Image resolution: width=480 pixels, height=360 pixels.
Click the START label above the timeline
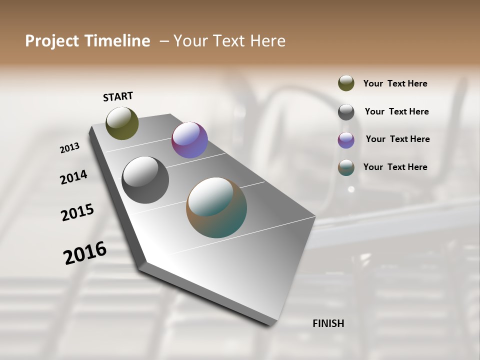[118, 96]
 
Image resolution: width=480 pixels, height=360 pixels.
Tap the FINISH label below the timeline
[328, 323]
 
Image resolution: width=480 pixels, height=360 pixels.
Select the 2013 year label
[69, 148]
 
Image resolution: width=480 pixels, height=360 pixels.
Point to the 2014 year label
[73, 177]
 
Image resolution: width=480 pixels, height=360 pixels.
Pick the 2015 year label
[77, 212]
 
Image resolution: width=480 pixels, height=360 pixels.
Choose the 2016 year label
[85, 252]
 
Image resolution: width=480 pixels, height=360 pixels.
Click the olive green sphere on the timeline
[122, 123]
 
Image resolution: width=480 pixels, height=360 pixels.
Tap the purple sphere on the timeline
[189, 140]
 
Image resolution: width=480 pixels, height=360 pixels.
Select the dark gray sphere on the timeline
[145, 180]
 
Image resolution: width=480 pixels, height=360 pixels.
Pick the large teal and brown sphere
[216, 207]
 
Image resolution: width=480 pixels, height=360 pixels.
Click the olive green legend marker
[346, 83]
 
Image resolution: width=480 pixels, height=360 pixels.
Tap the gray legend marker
[346, 112]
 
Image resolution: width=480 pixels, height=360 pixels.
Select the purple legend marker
[346, 140]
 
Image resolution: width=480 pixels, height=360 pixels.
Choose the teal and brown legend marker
[346, 167]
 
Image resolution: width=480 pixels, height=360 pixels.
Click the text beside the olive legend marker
[395, 84]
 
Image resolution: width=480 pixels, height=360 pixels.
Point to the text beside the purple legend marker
[397, 139]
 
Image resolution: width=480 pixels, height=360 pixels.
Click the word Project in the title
[52, 41]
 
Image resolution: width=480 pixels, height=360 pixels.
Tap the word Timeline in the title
[117, 41]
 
